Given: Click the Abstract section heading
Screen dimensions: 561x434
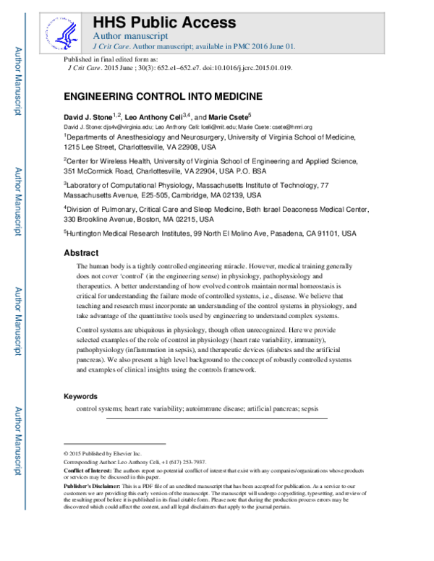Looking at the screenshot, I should pos(81,253).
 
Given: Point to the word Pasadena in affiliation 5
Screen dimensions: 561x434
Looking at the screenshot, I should pos(277,234).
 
